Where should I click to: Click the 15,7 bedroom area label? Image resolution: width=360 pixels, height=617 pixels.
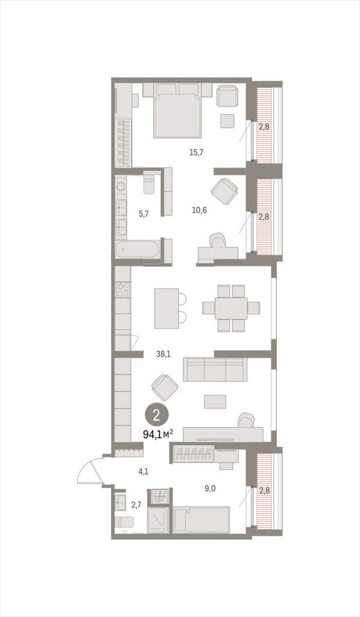pyautogui.click(x=196, y=152)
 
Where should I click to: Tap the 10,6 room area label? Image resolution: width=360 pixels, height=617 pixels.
pyautogui.click(x=200, y=210)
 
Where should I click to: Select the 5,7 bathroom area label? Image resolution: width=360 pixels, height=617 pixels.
pyautogui.click(x=144, y=214)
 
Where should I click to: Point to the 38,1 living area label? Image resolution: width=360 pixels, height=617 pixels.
pyautogui.click(x=163, y=354)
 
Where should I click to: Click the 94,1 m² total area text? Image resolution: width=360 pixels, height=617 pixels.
pyautogui.click(x=158, y=434)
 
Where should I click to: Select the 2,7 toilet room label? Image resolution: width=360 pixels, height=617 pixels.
pyautogui.click(x=136, y=503)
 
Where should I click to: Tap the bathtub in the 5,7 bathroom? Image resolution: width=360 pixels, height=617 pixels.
pyautogui.click(x=138, y=249)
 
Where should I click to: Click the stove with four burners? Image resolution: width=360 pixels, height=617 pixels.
pyautogui.click(x=123, y=290)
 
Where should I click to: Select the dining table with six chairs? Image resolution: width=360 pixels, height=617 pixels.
pyautogui.click(x=231, y=308)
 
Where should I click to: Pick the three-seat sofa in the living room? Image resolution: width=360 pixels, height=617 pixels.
pyautogui.click(x=215, y=369)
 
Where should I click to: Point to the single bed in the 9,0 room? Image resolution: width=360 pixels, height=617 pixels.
pyautogui.click(x=201, y=520)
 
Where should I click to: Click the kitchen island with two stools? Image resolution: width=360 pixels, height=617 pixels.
pyautogui.click(x=170, y=308)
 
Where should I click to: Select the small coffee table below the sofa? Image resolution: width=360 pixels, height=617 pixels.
pyautogui.click(x=215, y=401)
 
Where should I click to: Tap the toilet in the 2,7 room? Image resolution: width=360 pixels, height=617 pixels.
pyautogui.click(x=124, y=523)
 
